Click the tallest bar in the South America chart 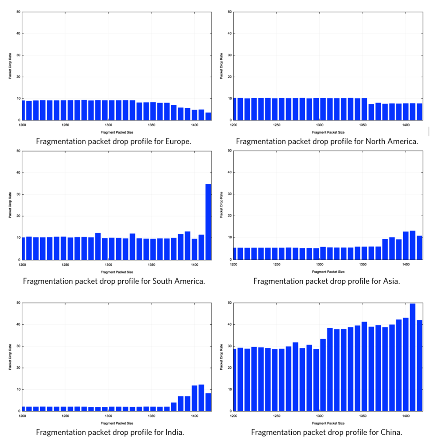[208, 222]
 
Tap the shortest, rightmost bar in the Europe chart [208, 117]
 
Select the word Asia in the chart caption [389, 281]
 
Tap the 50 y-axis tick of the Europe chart [18, 12]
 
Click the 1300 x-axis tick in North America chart [320, 125]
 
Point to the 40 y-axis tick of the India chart [18, 324]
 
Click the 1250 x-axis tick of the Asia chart [276, 265]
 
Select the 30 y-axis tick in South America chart [18, 195]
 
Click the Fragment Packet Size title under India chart [117, 423]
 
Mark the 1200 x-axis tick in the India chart [22, 416]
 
